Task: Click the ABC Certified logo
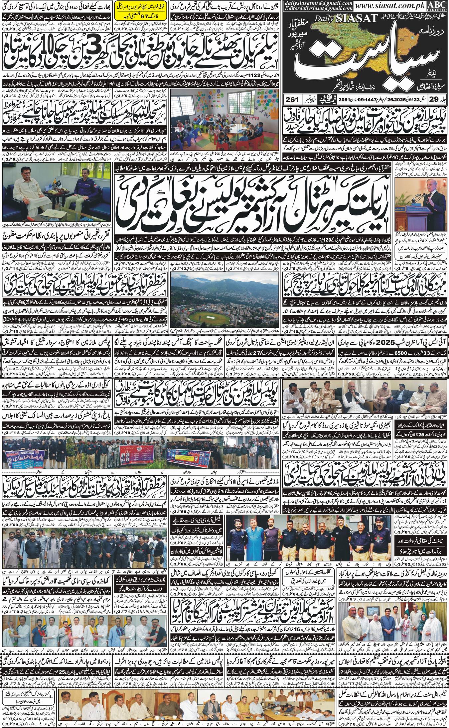(x=440, y=6)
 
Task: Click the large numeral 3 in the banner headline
(x=101, y=50)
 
